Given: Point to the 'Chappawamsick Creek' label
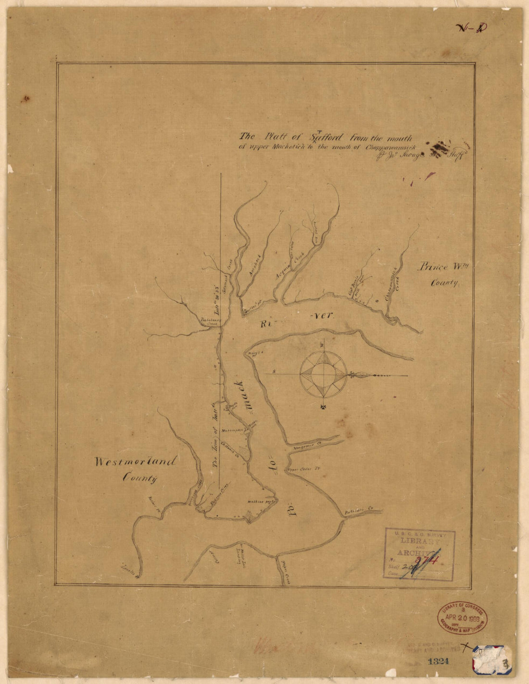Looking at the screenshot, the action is click(x=395, y=279).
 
